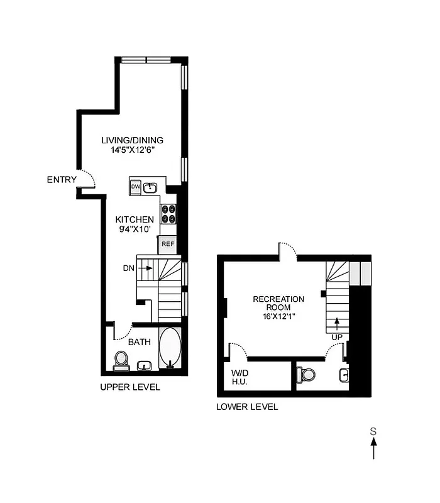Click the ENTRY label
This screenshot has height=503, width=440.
tap(62, 180)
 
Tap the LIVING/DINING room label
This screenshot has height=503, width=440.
tap(133, 140)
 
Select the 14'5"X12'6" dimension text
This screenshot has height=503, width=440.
tap(133, 151)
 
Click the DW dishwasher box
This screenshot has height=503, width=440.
tap(136, 187)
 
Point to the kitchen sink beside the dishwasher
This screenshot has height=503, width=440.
tap(150, 187)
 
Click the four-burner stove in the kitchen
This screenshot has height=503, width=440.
tap(168, 214)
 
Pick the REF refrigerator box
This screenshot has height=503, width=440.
tap(167, 244)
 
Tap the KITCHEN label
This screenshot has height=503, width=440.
tap(135, 219)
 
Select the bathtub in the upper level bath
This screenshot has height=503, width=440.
tap(170, 348)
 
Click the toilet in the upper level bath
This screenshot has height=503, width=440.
tap(121, 360)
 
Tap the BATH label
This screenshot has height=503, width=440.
tap(140, 343)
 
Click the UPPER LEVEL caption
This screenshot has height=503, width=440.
tap(130, 387)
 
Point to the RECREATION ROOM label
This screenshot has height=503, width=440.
tap(278, 304)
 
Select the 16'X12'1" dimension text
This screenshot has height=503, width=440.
tap(278, 318)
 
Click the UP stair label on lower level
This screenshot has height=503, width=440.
tap(337, 338)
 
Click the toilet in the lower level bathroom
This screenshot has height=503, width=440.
tap(307, 374)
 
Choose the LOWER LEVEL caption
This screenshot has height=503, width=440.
tap(247, 407)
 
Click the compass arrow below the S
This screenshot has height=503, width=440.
tap(373, 449)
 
